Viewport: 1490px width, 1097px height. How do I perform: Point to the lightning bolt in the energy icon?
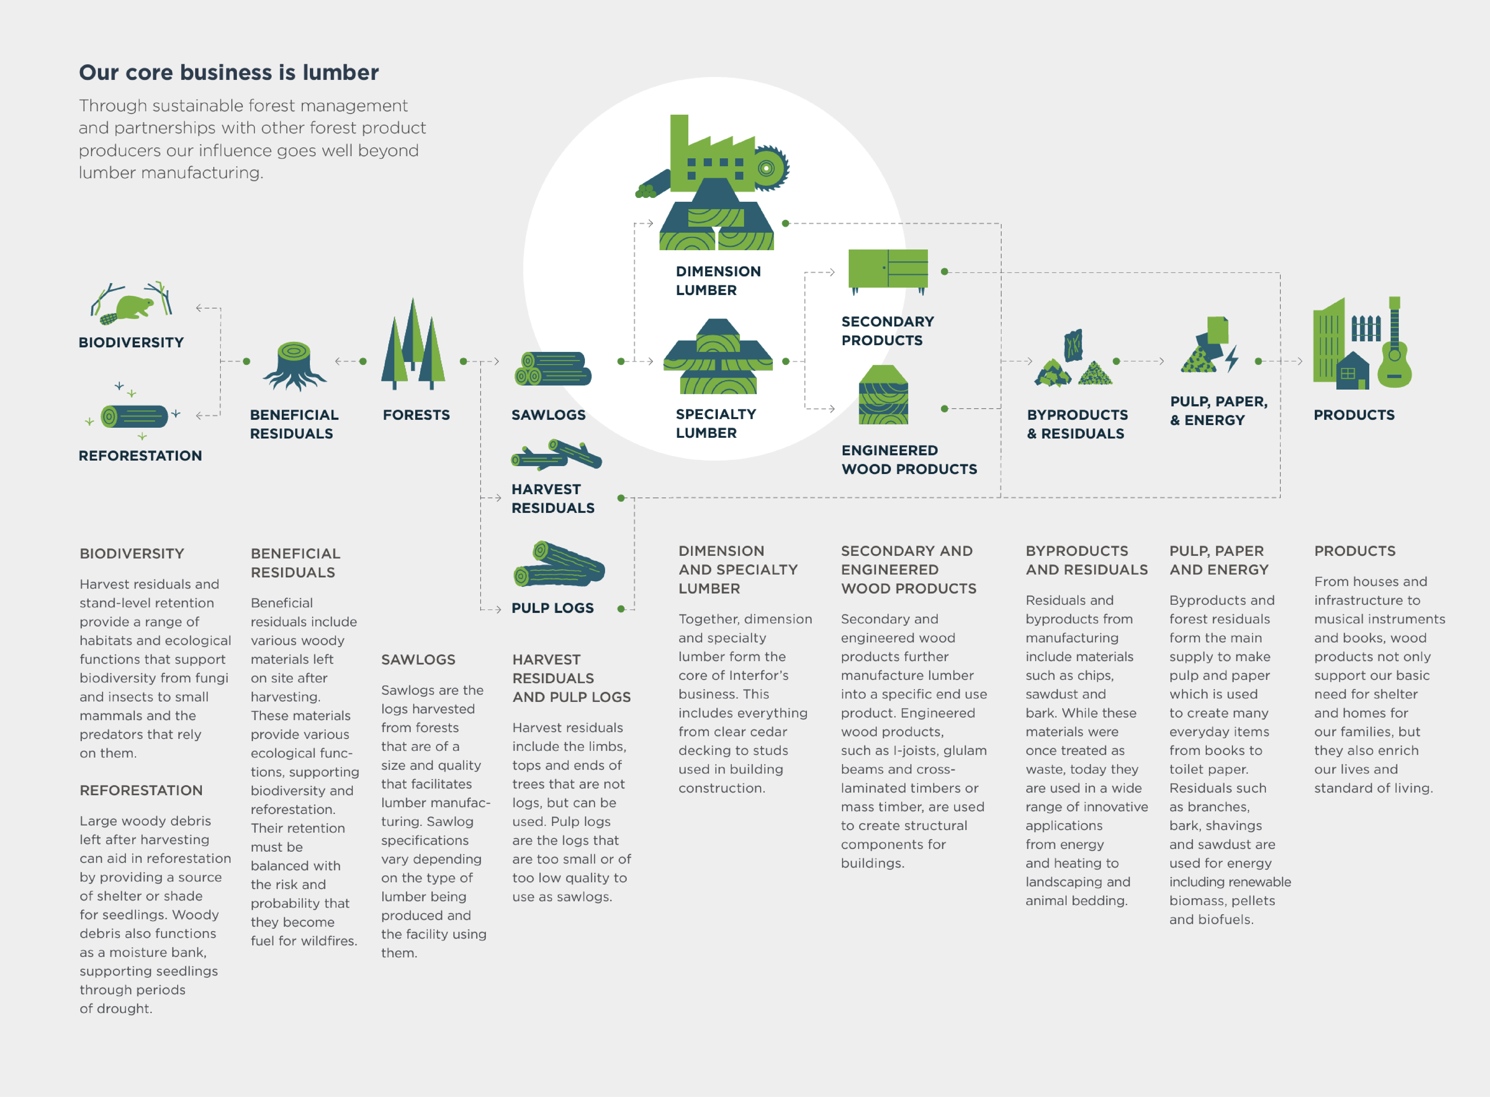(1232, 359)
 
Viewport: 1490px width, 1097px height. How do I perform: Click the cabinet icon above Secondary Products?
(888, 269)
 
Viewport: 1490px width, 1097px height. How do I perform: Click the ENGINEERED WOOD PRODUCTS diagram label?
(909, 460)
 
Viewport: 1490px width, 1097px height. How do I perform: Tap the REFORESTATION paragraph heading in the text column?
(141, 790)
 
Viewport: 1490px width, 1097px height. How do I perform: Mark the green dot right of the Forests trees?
(463, 361)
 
